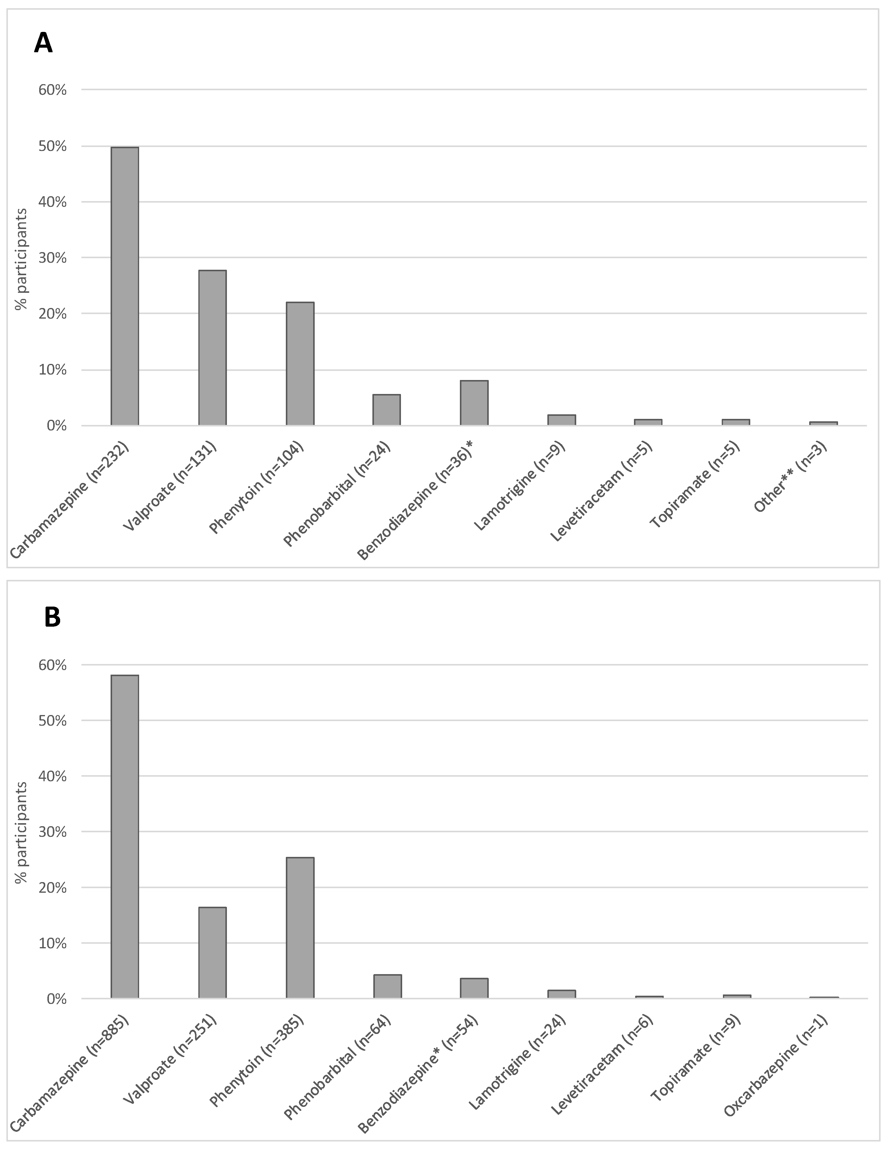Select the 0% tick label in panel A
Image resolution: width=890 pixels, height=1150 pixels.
56,426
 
